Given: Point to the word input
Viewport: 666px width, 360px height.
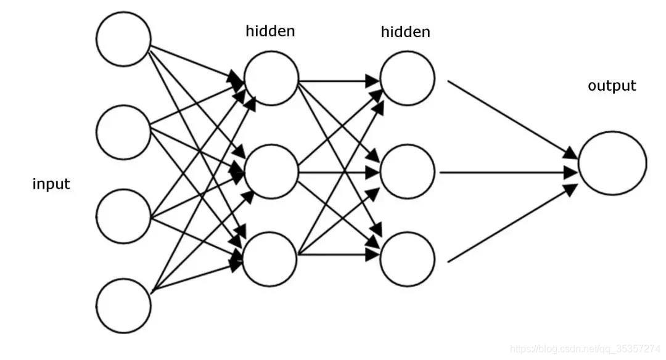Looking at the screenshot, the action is point(51,184).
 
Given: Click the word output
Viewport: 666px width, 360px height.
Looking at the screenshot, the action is point(612,86).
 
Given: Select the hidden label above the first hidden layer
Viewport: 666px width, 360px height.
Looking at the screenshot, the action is point(270,31).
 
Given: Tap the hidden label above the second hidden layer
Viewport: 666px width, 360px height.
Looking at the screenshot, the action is point(405,32).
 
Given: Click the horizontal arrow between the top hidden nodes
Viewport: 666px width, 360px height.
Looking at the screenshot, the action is point(339,81).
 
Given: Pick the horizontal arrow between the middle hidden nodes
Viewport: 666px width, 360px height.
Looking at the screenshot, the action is point(339,173).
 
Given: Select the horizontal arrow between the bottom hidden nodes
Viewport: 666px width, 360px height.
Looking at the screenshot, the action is point(339,255).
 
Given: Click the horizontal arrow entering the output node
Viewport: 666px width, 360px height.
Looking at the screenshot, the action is point(508,173).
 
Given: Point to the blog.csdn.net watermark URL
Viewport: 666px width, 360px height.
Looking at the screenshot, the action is point(585,349).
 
